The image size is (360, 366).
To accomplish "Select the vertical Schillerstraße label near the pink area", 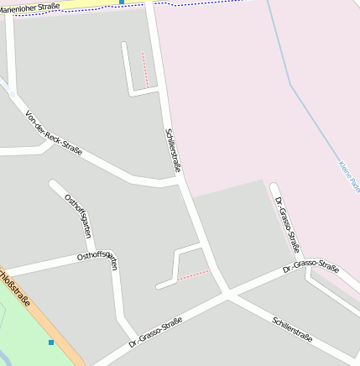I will tap(174, 150).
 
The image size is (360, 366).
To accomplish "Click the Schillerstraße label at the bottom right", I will tap(292, 329).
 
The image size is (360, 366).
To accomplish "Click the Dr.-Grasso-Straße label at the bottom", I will tap(156, 334).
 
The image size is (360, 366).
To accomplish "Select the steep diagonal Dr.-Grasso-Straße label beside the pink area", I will tap(288, 224).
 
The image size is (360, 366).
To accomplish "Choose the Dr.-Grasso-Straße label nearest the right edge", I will tap(310, 269).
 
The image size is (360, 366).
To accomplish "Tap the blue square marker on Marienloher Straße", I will tap(122, 3).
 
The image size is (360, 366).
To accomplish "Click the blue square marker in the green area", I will tap(51, 342).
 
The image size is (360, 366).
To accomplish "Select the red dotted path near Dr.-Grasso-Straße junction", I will tap(193, 274).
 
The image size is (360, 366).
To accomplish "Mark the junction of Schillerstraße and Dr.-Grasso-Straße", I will tap(226, 293).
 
